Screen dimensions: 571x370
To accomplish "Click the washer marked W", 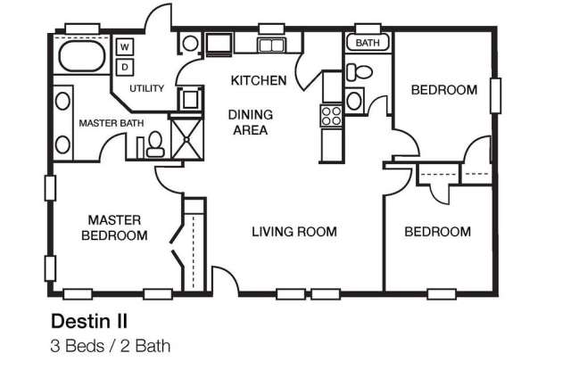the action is pos(125,46).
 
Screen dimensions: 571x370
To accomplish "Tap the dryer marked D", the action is pos(125,67).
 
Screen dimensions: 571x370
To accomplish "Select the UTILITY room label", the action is pos(146,88).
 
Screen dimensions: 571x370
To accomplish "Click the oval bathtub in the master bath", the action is pos(82,56).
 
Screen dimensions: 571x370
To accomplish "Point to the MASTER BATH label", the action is pos(112,123).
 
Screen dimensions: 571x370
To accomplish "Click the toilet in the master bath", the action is pos(155,144).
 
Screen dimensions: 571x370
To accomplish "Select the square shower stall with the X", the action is pos(186,138).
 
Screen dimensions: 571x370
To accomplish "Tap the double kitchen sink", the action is pos(271,45).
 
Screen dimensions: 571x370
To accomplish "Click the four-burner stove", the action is pos(331,116).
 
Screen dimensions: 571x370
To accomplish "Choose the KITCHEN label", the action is pos(259,80).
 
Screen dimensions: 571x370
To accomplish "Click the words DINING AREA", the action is pos(251,122).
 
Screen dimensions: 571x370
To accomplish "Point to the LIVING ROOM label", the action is pos(294,232).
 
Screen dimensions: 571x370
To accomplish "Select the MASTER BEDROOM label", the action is pos(114,227).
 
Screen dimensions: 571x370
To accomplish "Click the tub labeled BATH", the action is pos(368,43).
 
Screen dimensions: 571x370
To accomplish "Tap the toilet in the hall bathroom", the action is pos(359,71).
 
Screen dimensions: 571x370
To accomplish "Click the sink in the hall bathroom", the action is pos(354,101).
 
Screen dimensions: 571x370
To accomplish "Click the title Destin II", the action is pos(89,321).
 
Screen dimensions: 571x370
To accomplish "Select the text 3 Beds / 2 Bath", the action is pos(111,346).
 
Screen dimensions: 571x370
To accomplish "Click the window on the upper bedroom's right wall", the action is pos(496,95).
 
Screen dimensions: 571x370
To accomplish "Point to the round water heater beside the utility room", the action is pos(190,44).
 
